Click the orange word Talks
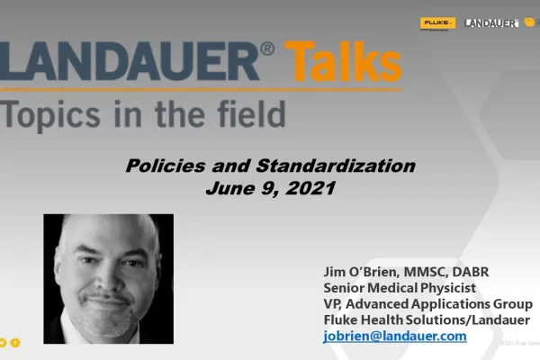pos(344,64)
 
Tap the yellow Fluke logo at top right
pos(438,22)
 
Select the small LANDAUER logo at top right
pos(490,22)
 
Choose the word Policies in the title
pos(159,166)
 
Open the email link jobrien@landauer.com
pos(395,336)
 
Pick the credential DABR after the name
pos(470,272)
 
